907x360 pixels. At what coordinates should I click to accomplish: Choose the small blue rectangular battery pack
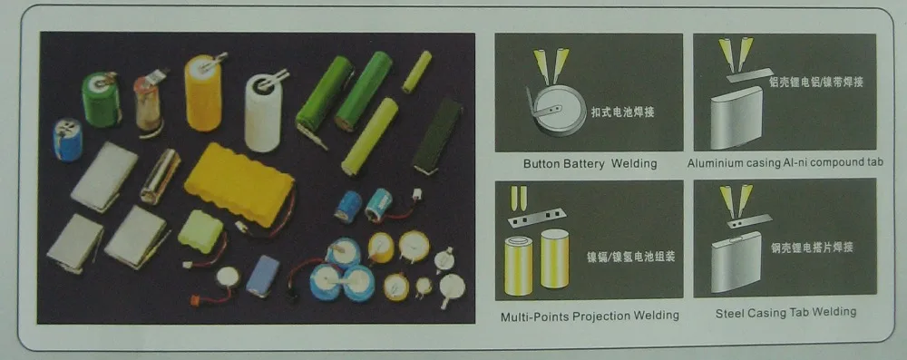pos(262,276)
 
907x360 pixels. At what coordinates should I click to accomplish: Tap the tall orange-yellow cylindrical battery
pos(204,92)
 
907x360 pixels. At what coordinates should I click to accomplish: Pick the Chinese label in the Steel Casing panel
pos(811,246)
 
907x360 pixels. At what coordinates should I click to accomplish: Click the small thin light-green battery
pos(418,71)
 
